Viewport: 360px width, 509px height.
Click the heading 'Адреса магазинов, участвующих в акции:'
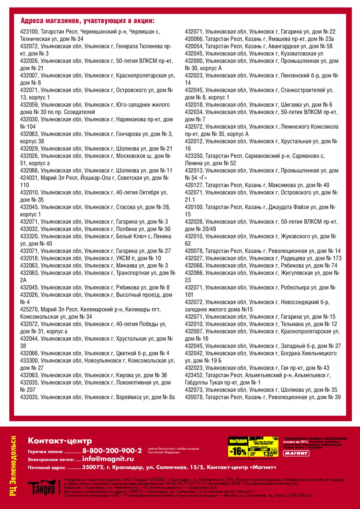point(87,21)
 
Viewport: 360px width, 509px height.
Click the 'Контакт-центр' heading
point(60,441)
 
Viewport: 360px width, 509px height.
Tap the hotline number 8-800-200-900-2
point(112,451)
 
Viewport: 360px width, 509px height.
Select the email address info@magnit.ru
point(108,459)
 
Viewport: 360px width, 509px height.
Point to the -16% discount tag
point(238,451)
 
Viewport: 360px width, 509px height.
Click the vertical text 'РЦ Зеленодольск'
point(13,466)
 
